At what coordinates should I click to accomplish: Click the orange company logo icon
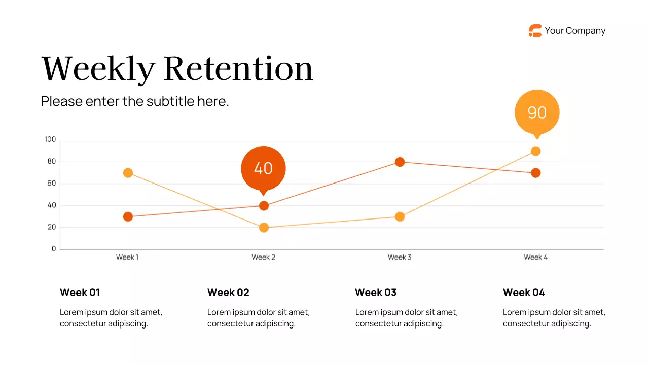pyautogui.click(x=535, y=31)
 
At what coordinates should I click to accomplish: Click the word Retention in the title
pyautogui.click(x=238, y=68)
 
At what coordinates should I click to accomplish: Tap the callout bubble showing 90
pyautogui.click(x=537, y=112)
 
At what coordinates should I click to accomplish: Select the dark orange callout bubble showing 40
pyautogui.click(x=263, y=168)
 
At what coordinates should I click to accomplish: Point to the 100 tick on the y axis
pyautogui.click(x=50, y=139)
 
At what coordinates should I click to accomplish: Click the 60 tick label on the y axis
pyautogui.click(x=52, y=184)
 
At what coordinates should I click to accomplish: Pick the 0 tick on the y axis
pyautogui.click(x=54, y=249)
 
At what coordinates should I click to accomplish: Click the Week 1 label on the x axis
pyautogui.click(x=127, y=257)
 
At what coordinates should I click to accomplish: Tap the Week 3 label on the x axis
pyautogui.click(x=400, y=257)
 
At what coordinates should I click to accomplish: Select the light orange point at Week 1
pyautogui.click(x=128, y=173)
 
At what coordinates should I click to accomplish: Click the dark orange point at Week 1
pyautogui.click(x=128, y=216)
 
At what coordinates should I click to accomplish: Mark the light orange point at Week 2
pyautogui.click(x=264, y=228)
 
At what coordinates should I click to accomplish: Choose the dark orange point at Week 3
pyautogui.click(x=400, y=162)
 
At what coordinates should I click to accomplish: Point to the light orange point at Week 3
pyautogui.click(x=400, y=216)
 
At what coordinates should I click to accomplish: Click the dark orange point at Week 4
pyautogui.click(x=536, y=173)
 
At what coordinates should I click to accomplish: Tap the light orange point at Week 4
pyautogui.click(x=536, y=151)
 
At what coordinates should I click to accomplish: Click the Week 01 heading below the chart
pyautogui.click(x=80, y=293)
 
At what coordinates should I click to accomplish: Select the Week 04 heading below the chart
pyautogui.click(x=524, y=293)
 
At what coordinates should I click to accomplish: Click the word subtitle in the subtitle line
pyautogui.click(x=170, y=101)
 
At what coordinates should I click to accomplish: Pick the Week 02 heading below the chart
pyautogui.click(x=228, y=293)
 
